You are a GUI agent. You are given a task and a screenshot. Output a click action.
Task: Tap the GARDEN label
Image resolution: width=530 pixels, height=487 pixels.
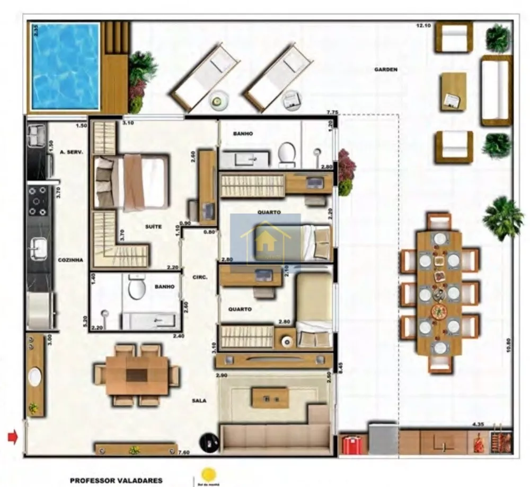pyautogui.click(x=386, y=69)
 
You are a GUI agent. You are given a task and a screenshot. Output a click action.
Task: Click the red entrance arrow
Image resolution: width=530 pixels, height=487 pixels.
pyautogui.click(x=13, y=437)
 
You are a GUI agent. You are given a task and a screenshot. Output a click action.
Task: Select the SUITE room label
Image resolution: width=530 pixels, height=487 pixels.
pyautogui.click(x=153, y=227)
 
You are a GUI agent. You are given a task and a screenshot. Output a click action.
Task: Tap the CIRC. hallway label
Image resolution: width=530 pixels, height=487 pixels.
pyautogui.click(x=200, y=277)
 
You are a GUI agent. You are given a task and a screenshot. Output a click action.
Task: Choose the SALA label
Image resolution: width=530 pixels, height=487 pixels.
pyautogui.click(x=199, y=401)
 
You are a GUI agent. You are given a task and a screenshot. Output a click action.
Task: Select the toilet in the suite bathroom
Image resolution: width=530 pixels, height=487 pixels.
pyautogui.click(x=137, y=288)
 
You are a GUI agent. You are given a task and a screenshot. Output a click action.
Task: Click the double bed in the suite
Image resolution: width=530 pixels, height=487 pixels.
pyautogui.click(x=131, y=182)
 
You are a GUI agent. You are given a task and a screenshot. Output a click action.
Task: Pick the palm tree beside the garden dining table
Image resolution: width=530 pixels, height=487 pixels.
pyautogui.click(x=502, y=216)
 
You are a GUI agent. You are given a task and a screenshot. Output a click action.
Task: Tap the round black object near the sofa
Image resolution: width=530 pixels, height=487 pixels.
pyautogui.click(x=210, y=442)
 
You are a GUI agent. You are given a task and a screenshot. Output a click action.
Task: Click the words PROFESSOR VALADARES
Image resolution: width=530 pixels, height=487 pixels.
pyautogui.click(x=116, y=481)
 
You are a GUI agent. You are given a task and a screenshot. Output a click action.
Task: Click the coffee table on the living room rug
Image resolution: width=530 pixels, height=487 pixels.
pyautogui.click(x=270, y=397)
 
